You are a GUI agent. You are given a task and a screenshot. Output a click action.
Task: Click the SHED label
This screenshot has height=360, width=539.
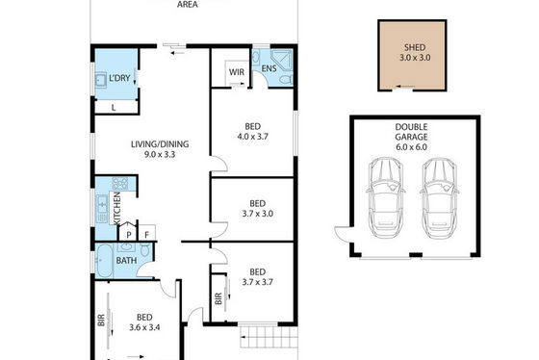tap(415, 47)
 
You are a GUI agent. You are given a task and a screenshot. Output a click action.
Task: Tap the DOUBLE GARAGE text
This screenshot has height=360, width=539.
tap(411, 132)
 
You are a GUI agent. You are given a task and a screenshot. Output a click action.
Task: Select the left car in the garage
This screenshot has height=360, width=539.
tap(385, 197)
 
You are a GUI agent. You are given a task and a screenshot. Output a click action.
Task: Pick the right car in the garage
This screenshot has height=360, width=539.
tap(440, 197)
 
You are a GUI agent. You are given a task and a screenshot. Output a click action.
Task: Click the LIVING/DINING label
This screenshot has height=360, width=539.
tap(160, 144)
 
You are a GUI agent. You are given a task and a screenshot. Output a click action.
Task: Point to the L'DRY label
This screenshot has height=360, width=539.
tap(119, 78)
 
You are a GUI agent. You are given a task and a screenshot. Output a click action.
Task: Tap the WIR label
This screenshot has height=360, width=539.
tap(237, 72)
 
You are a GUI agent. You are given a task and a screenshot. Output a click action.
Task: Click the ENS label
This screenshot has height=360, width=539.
tap(269, 68)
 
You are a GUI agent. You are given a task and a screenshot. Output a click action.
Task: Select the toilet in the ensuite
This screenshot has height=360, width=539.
tap(286, 80)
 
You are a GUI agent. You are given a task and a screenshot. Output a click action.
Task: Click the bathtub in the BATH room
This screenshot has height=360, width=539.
tap(104, 261)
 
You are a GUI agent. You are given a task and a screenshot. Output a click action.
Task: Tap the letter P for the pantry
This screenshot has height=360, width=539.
tap(129, 235)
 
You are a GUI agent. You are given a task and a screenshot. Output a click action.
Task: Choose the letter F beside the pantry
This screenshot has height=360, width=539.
tap(146, 235)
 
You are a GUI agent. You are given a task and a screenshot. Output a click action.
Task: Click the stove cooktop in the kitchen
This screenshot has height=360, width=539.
tap(120, 183)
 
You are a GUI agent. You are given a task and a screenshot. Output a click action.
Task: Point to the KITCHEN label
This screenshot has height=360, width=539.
tap(116, 208)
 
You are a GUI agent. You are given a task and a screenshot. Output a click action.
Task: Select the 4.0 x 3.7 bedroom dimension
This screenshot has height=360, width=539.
tap(252, 137)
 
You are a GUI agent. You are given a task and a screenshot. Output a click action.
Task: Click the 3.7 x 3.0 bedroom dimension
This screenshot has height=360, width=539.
tap(258, 214)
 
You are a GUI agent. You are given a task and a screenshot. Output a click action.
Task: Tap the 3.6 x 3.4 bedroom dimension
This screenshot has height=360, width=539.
tap(144, 327)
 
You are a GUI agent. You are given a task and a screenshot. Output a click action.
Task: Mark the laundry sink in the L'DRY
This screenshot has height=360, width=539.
tap(100, 80)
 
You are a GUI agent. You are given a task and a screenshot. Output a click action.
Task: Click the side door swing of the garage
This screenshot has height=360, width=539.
tap(343, 234)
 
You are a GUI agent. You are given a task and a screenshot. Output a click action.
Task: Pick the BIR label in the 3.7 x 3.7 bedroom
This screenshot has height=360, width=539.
tap(218, 298)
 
